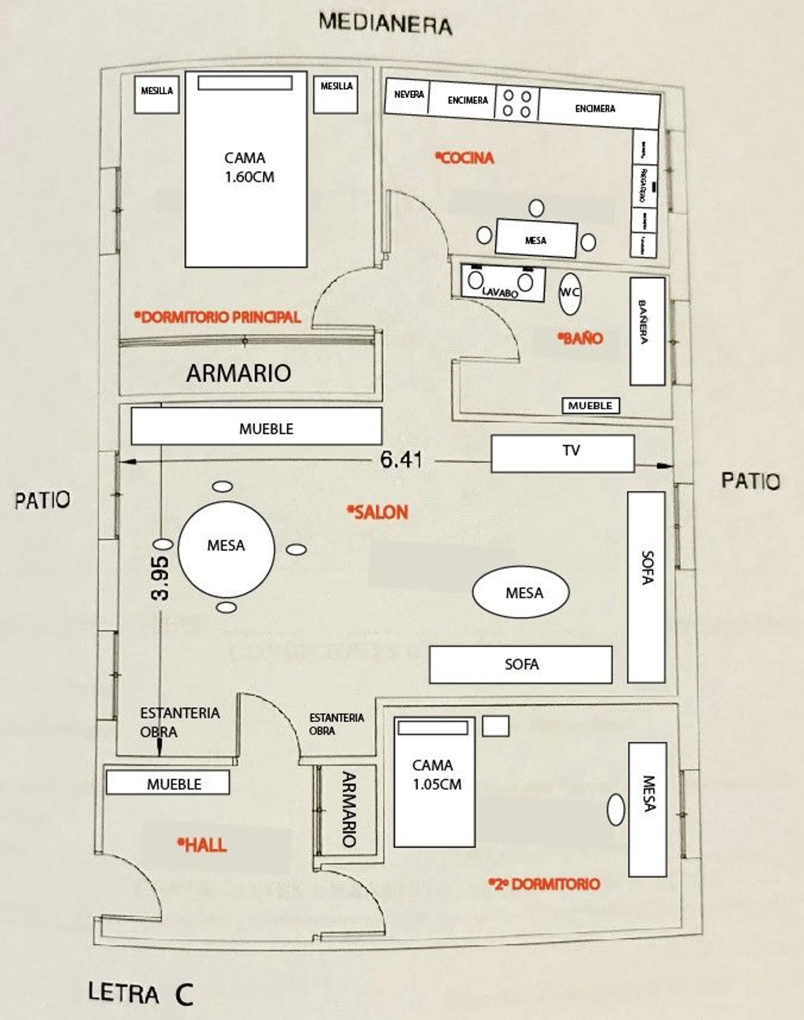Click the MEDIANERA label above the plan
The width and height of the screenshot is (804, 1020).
click(x=385, y=24)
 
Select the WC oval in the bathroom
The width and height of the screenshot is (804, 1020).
click(x=569, y=293)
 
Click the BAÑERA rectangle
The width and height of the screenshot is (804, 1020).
click(x=647, y=331)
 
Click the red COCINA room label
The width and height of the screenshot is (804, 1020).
click(x=465, y=157)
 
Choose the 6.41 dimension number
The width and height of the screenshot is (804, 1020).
click(x=401, y=460)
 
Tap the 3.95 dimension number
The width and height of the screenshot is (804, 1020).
click(x=160, y=578)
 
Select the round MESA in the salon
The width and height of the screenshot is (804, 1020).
click(x=226, y=549)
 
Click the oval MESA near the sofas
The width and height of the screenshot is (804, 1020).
click(x=520, y=592)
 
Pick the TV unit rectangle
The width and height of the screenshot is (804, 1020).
click(x=563, y=453)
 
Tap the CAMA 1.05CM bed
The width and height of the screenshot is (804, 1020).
click(x=435, y=782)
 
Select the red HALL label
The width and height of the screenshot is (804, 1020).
click(x=203, y=845)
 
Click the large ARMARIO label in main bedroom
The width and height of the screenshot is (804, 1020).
click(x=239, y=373)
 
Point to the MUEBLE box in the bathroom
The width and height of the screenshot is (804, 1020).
click(x=590, y=406)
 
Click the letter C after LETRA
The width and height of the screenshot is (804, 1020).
click(x=184, y=995)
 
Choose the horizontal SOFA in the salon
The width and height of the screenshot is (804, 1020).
click(x=520, y=664)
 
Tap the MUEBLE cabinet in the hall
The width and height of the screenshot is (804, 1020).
click(x=168, y=783)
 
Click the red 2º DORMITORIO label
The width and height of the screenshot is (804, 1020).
click(x=544, y=884)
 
